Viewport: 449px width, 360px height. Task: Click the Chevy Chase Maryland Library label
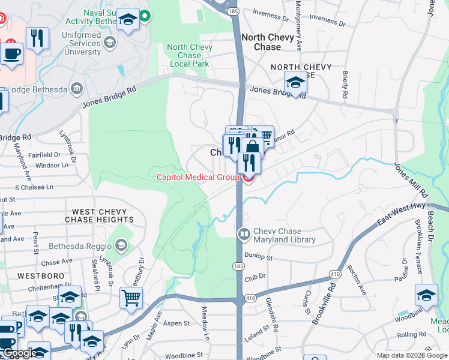coord(285,235)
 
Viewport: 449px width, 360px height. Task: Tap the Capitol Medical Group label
coord(198,177)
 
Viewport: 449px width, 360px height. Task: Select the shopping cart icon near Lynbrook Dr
coord(131,298)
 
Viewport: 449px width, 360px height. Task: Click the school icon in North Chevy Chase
coord(295,82)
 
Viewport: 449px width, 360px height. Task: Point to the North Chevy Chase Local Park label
coord(189,55)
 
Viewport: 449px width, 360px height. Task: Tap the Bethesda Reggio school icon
coord(121,245)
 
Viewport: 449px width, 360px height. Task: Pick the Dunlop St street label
coord(259,257)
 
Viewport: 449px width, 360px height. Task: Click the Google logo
coord(19,353)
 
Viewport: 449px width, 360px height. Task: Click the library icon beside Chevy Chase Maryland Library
coord(244,235)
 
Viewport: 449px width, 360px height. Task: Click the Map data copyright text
coord(412,355)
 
